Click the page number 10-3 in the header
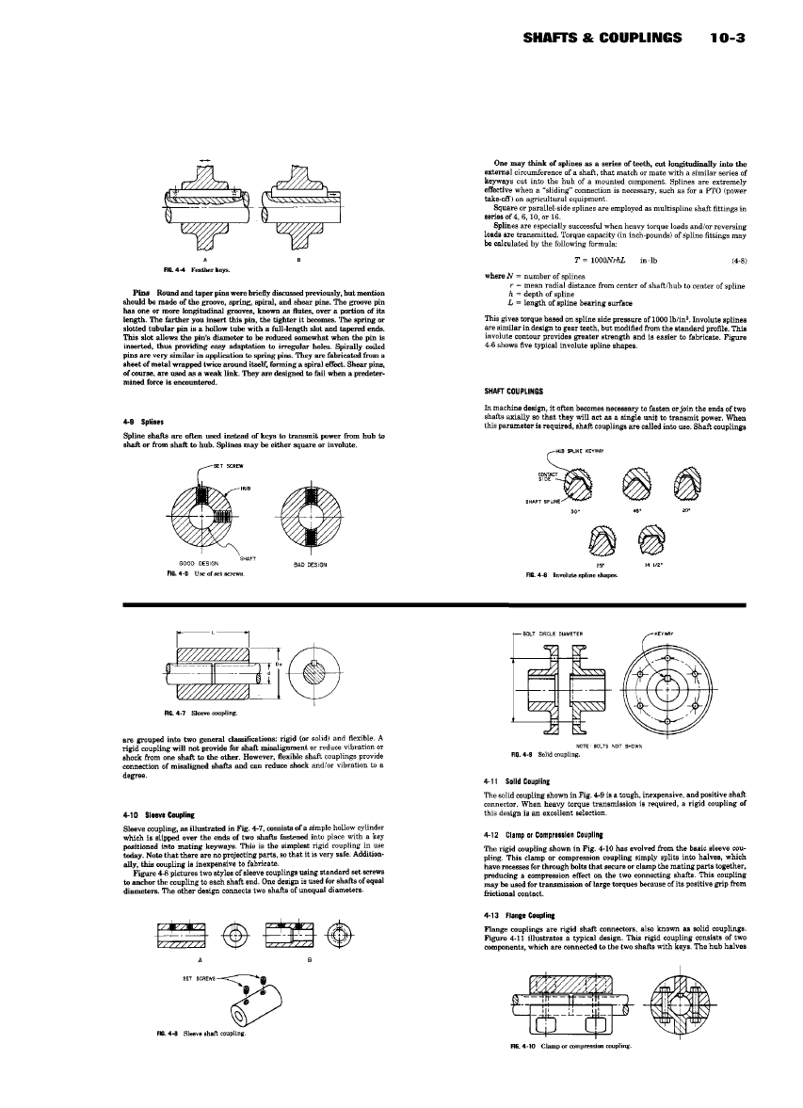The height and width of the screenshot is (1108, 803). [x=730, y=39]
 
